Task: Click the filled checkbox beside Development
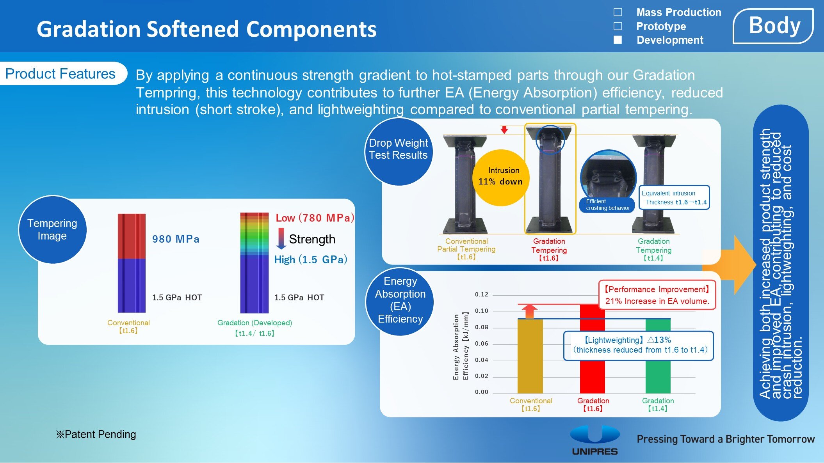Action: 618,40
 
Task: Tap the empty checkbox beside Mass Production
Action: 618,12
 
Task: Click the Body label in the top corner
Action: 773,26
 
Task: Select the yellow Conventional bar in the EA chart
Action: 530,356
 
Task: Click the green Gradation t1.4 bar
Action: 658,356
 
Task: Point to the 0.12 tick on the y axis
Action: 482,294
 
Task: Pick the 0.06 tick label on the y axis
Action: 482,344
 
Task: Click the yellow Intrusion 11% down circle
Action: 501,177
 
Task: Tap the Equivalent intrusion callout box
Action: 674,197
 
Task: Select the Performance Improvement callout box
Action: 657,295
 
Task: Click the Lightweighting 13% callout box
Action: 639,346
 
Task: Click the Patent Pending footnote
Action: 96,434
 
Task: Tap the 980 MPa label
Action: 176,239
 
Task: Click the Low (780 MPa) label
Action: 315,218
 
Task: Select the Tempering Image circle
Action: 52,229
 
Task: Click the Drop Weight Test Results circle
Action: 399,152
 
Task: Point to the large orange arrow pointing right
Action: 729,265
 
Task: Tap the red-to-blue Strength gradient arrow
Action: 281,238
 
